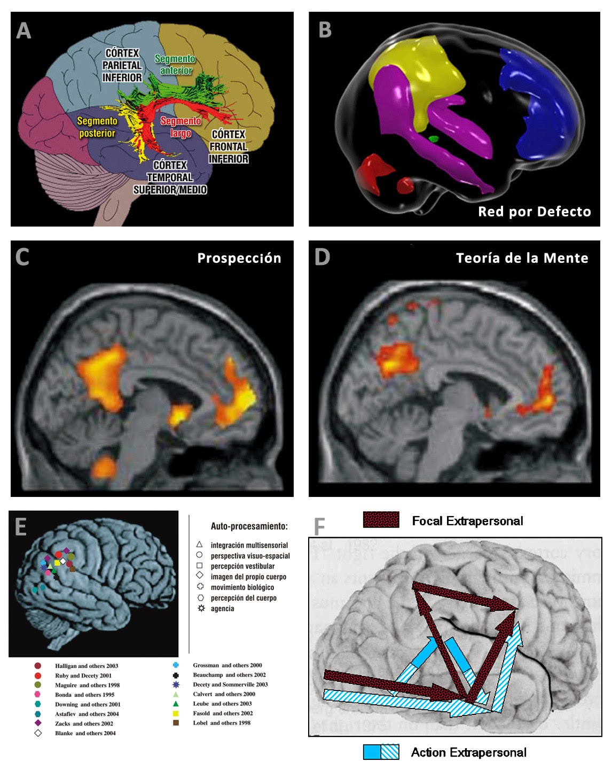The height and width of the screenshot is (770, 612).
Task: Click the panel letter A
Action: point(23,31)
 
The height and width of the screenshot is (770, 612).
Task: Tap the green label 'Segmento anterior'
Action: point(175,65)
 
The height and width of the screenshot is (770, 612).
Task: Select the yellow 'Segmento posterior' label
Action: point(97,127)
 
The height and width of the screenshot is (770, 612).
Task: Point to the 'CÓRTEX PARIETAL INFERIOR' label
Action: point(122,65)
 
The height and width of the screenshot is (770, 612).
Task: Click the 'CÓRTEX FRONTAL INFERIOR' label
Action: point(229,146)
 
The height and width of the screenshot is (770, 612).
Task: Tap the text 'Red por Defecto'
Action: point(534,212)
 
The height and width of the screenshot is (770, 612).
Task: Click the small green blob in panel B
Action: point(433,139)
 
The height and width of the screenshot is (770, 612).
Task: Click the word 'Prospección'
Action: point(239,258)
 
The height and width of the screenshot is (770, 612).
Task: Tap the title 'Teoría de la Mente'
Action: point(522,258)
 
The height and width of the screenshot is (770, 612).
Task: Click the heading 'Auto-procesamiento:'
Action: point(249,526)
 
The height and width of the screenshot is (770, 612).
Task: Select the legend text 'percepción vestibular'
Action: point(242,566)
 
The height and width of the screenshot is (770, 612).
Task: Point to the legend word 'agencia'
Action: point(222,609)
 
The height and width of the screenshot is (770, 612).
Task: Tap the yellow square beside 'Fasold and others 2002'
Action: point(176,713)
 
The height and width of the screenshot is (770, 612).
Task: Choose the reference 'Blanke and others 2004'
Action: point(85,733)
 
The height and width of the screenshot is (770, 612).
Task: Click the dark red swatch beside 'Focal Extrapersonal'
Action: point(381,520)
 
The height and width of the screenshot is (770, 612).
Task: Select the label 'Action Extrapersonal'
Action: point(468,752)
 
